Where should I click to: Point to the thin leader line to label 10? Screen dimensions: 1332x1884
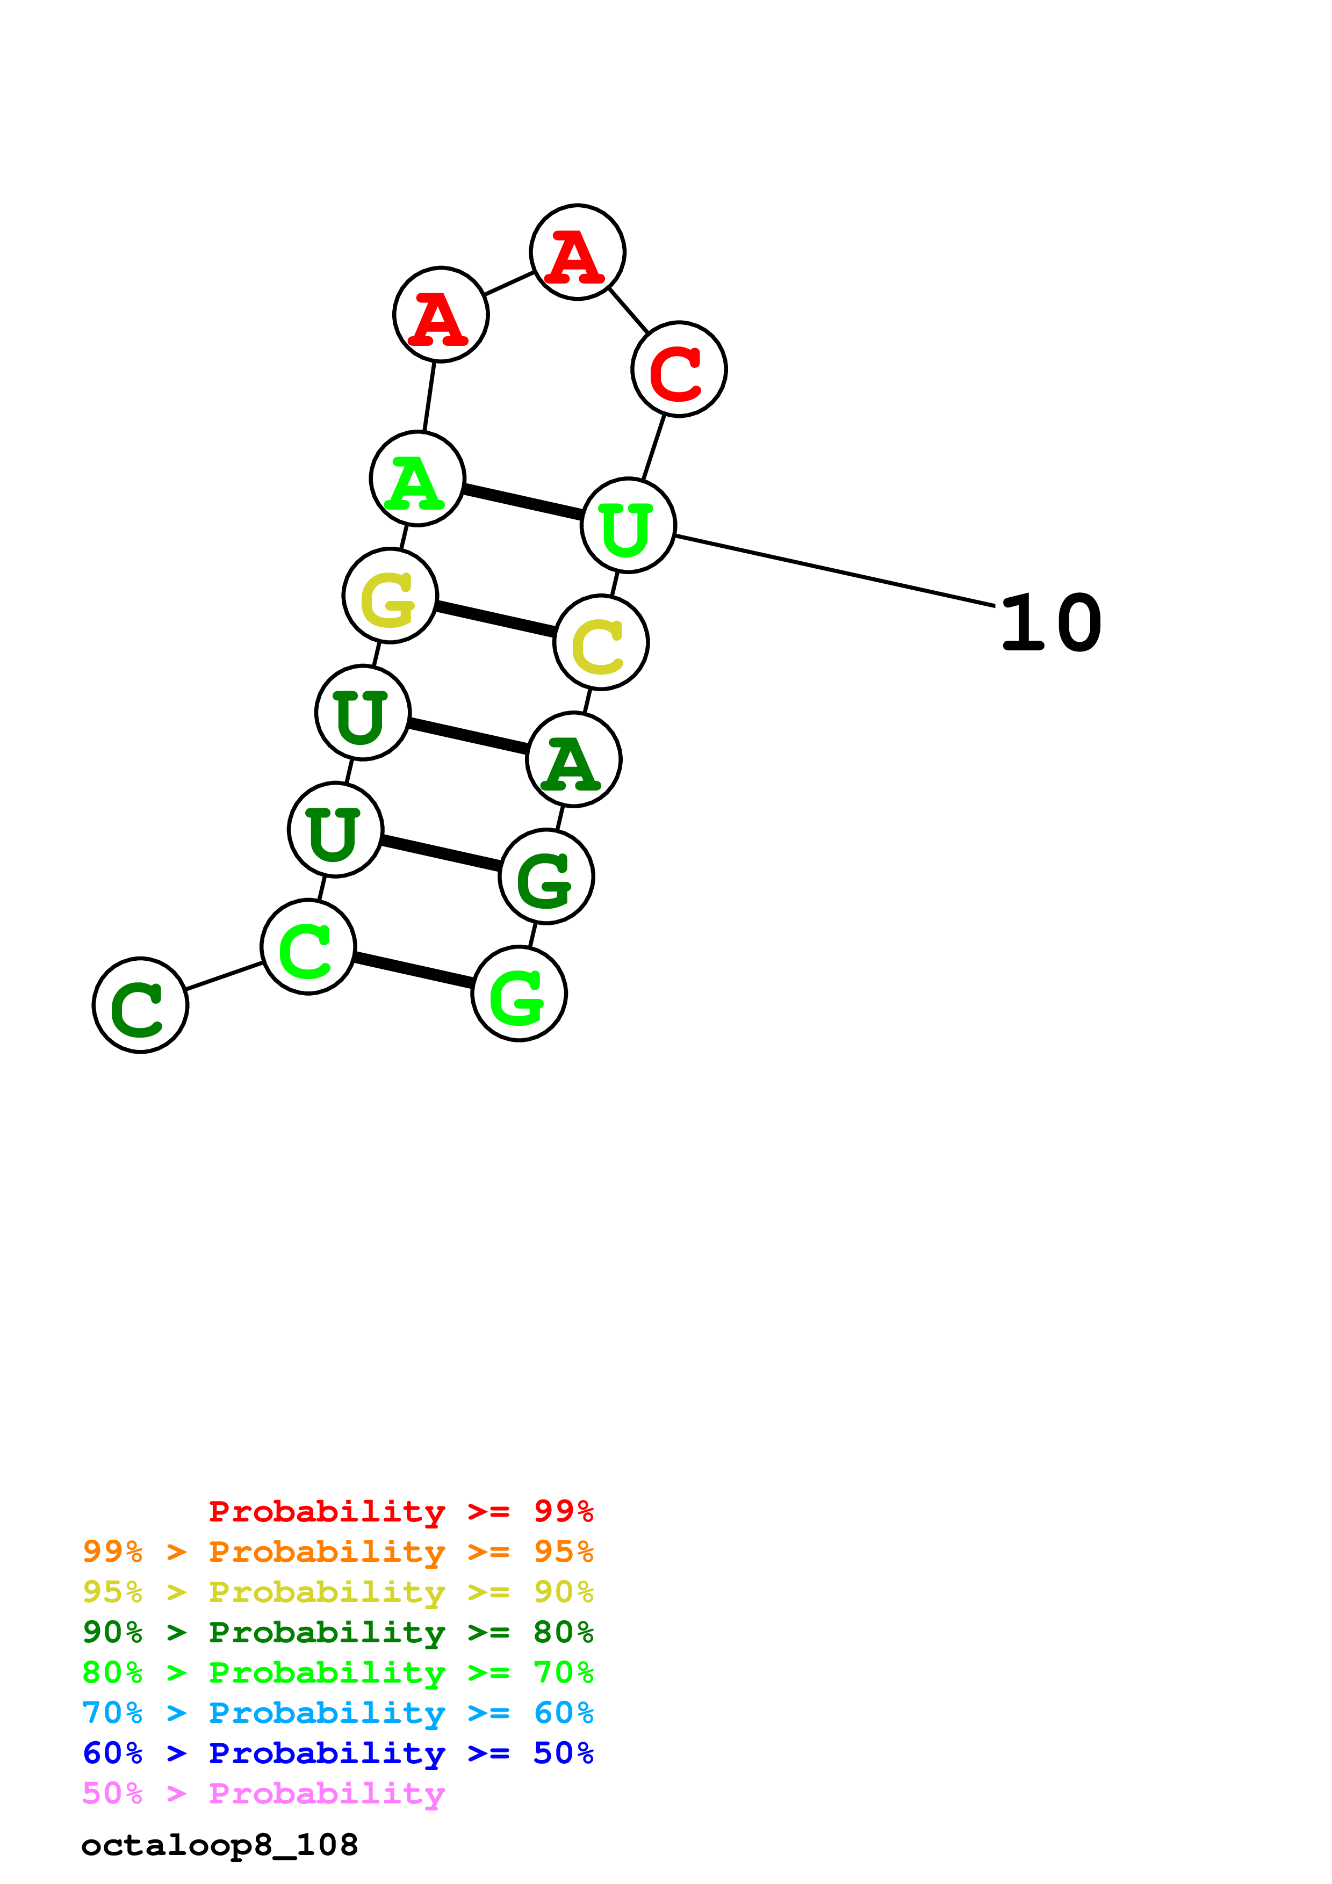[x=833, y=571]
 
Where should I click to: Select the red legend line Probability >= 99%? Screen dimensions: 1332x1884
[x=400, y=1511]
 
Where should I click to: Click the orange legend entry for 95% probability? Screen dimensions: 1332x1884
[x=338, y=1552]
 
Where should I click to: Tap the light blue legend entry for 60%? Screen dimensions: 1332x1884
[x=338, y=1713]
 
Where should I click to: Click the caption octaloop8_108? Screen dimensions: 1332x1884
[x=220, y=1845]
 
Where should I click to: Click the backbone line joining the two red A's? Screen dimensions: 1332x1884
[x=509, y=283]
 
